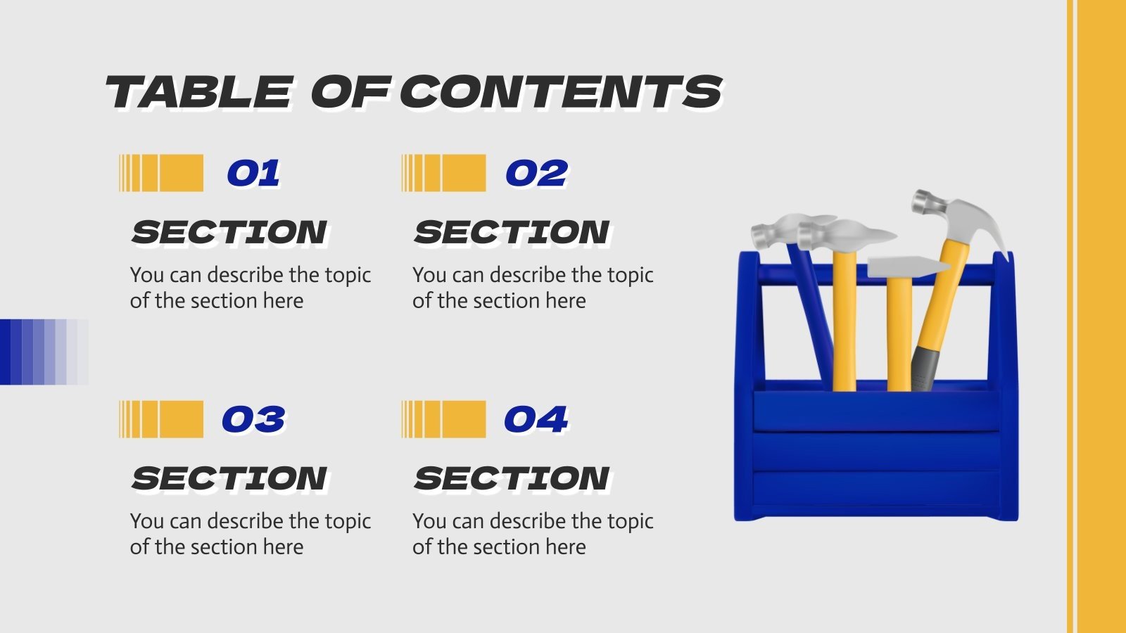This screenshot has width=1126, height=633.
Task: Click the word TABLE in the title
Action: coord(198,92)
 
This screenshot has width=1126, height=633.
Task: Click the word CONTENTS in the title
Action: coord(561,92)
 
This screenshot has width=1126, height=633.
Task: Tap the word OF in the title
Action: coord(350,92)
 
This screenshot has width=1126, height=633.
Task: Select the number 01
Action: coord(253,174)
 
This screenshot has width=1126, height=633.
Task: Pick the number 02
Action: coord(536,174)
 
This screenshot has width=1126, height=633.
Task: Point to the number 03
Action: coord(253,420)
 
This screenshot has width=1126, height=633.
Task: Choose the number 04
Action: coord(536,420)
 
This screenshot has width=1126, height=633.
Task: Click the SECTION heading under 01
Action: coord(229,233)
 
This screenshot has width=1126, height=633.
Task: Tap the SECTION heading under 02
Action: coord(512,233)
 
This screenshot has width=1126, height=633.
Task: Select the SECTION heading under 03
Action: coord(229,479)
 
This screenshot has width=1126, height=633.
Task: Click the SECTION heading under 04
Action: coord(512,479)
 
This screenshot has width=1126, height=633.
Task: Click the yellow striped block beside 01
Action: coord(161,173)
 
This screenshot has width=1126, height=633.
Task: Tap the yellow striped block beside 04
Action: coord(443,419)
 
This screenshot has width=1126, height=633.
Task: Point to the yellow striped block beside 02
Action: coord(443,173)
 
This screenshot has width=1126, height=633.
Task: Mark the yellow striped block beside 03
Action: coord(161,419)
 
